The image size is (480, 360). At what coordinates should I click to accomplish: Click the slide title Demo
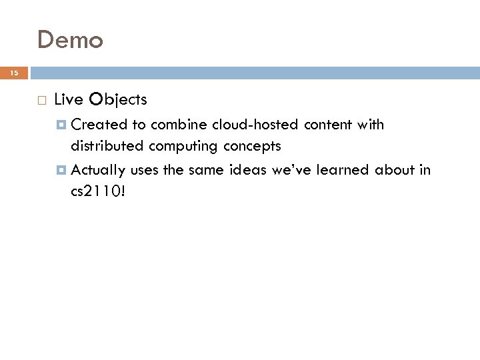click(70, 40)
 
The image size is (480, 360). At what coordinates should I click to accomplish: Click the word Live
click(68, 100)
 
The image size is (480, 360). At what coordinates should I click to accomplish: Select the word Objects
click(118, 100)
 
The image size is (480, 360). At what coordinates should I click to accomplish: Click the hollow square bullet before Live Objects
click(41, 101)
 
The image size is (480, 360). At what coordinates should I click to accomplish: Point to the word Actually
click(99, 170)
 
